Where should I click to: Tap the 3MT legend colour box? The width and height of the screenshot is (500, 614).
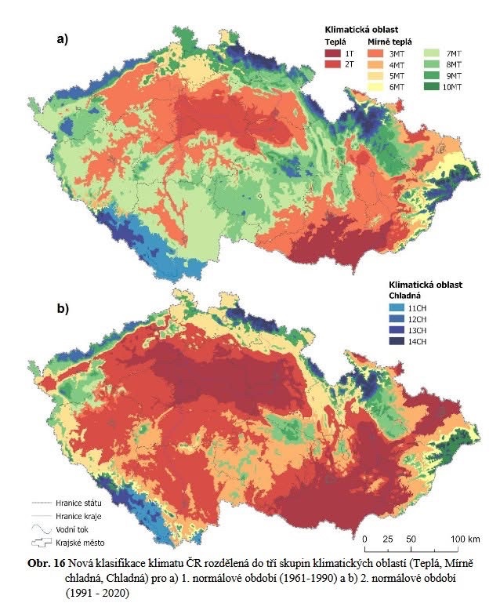tap(375, 52)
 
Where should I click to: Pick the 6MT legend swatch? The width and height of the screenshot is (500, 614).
tap(375, 88)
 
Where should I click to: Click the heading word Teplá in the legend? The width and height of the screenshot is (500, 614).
tap(335, 39)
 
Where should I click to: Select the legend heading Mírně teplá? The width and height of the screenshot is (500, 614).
tap(389, 39)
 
